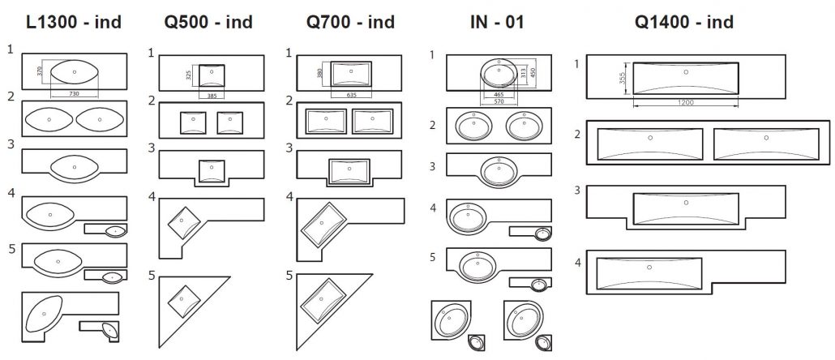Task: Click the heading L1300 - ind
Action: click(74, 22)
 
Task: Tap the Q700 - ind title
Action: click(350, 22)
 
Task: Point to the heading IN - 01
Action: click(486, 22)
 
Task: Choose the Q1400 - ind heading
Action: click(685, 22)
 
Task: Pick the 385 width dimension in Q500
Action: click(212, 96)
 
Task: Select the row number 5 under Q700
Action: click(289, 276)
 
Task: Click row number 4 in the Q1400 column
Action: click(576, 262)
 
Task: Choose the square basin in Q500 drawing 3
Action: click(212, 171)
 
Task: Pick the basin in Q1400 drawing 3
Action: click(686, 208)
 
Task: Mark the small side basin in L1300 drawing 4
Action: click(115, 231)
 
